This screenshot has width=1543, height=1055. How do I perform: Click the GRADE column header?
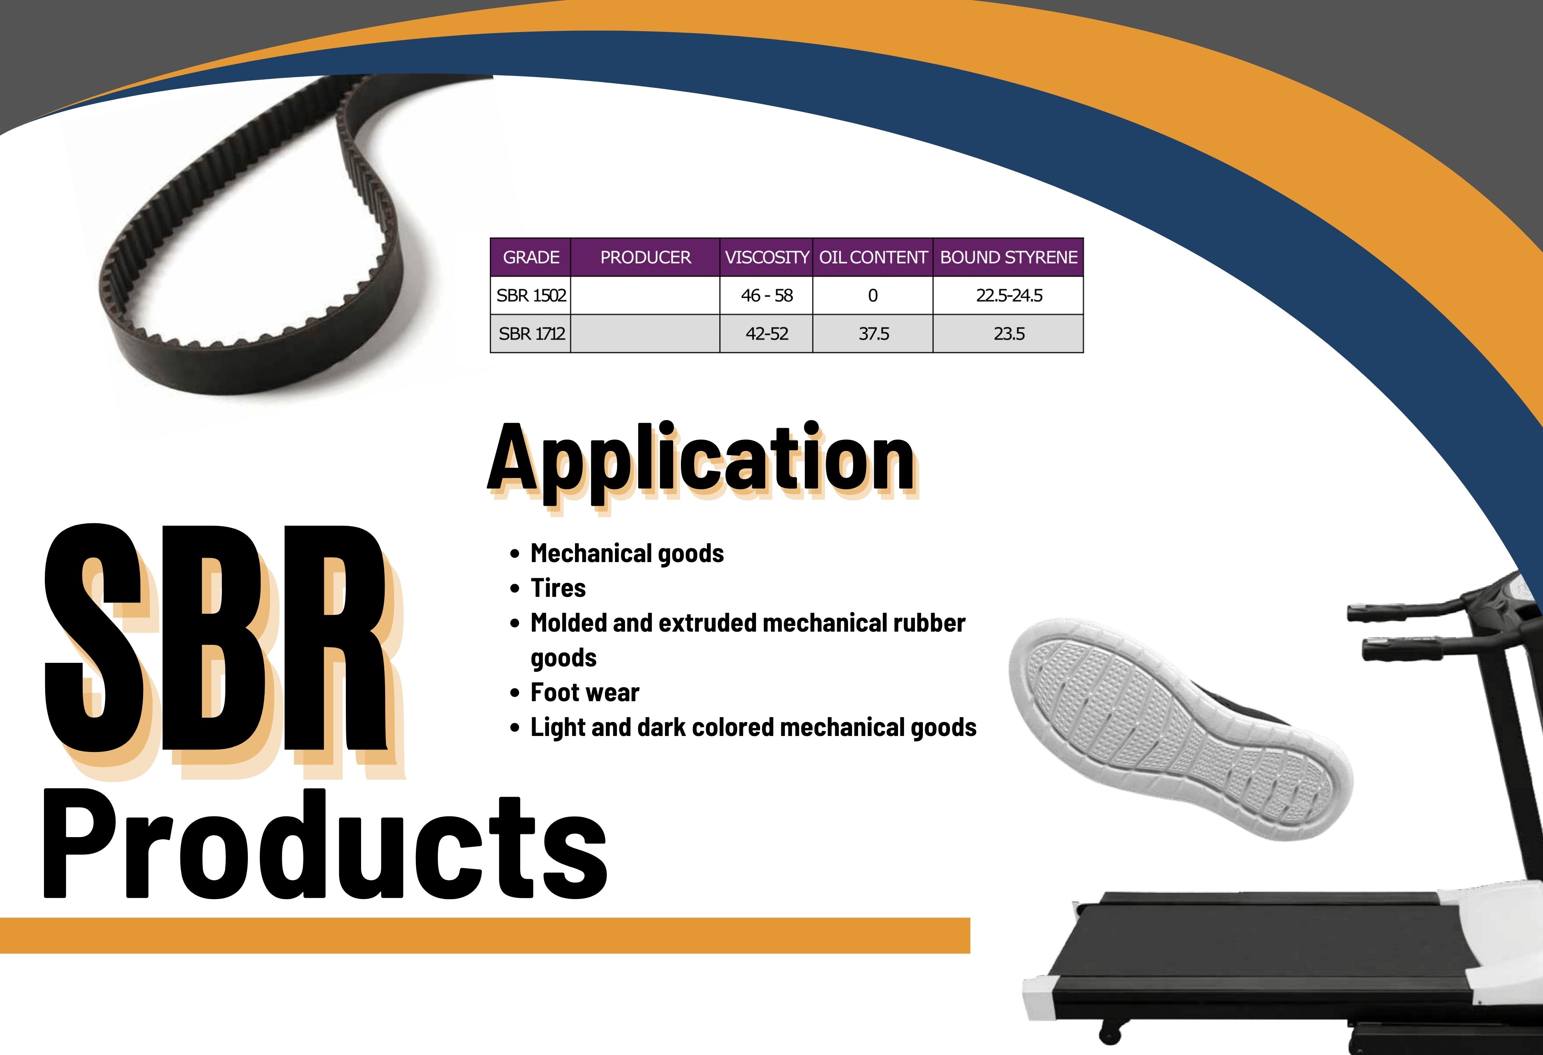[531, 257]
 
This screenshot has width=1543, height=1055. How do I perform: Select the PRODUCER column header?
[645, 257]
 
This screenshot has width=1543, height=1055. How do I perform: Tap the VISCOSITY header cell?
[767, 257]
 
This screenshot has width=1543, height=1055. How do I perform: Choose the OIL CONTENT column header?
[873, 257]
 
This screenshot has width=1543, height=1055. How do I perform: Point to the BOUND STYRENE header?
[1008, 257]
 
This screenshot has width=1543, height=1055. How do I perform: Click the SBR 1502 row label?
[531, 295]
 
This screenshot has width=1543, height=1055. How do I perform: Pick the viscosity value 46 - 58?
[767, 295]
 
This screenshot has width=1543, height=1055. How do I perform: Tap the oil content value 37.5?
[874, 333]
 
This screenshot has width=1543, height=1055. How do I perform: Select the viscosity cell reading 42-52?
[767, 333]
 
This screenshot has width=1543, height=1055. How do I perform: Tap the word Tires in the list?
[558, 588]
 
